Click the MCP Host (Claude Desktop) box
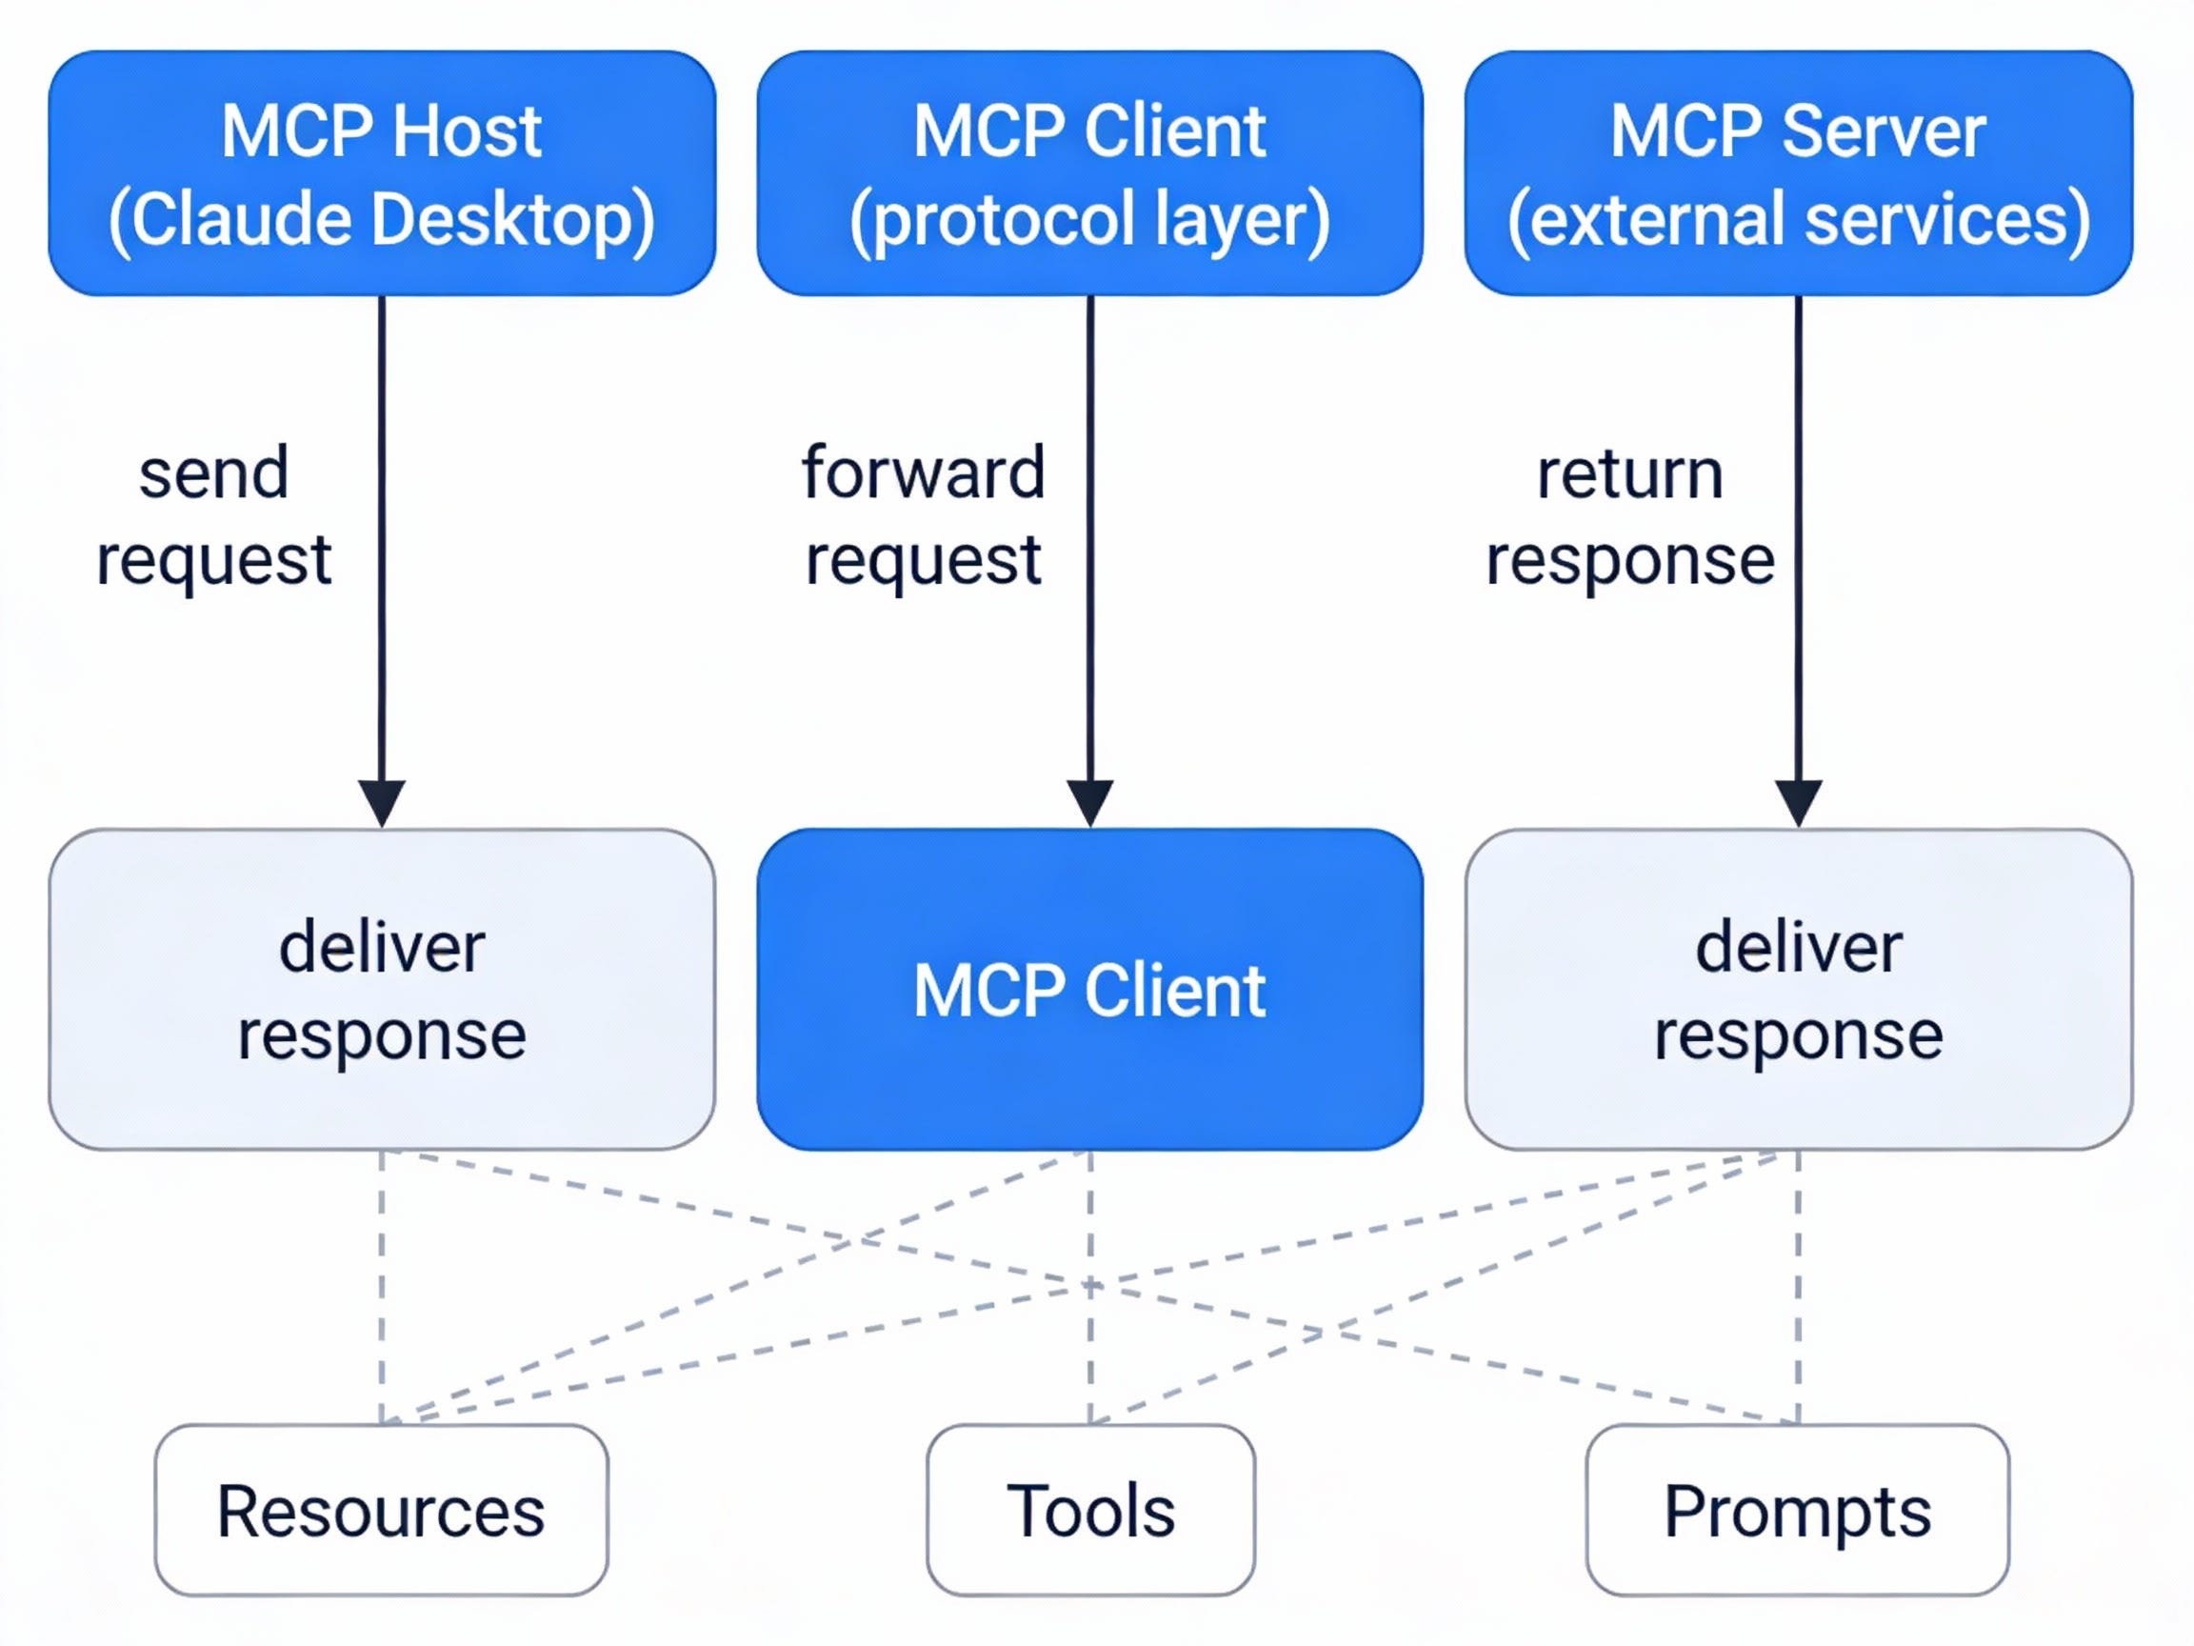[x=382, y=173]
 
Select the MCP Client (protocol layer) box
[x=1089, y=173]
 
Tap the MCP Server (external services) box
[x=1797, y=173]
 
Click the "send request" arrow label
[x=213, y=516]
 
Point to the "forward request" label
[x=923, y=516]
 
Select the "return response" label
[x=1629, y=516]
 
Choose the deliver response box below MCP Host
[x=382, y=989]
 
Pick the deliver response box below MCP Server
[x=1797, y=989]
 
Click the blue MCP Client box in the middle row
[x=1089, y=989]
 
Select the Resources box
[x=382, y=1510]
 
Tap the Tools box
[x=1090, y=1510]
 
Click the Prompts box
[x=1797, y=1510]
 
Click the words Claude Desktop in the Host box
[x=382, y=219]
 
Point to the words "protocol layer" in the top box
[x=1089, y=219]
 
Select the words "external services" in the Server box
[x=1798, y=219]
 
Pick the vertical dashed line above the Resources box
[x=382, y=1290]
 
